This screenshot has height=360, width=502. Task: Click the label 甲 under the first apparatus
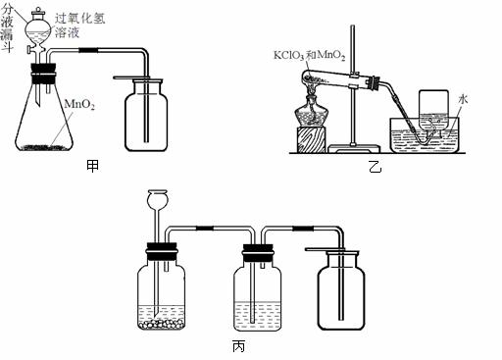point(93,166)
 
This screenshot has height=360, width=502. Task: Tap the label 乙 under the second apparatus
point(376,167)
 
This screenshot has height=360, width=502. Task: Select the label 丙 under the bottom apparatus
point(238,346)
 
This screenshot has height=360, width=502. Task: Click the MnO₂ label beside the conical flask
point(79,104)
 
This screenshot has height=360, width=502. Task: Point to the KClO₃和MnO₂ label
point(309,55)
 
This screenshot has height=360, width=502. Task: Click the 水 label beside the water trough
point(463,99)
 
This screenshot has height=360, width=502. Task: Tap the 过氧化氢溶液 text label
point(79,25)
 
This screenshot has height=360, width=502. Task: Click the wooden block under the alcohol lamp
point(312,140)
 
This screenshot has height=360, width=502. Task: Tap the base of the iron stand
point(354,149)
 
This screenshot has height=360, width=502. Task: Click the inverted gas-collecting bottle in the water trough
point(433,110)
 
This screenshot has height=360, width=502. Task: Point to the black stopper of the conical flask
point(43,74)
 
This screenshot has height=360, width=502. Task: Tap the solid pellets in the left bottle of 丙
point(161,324)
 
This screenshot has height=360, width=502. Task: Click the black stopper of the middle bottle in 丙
point(257,253)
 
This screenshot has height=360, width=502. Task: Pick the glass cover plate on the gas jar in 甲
point(138,77)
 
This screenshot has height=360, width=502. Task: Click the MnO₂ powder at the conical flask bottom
point(45,147)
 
